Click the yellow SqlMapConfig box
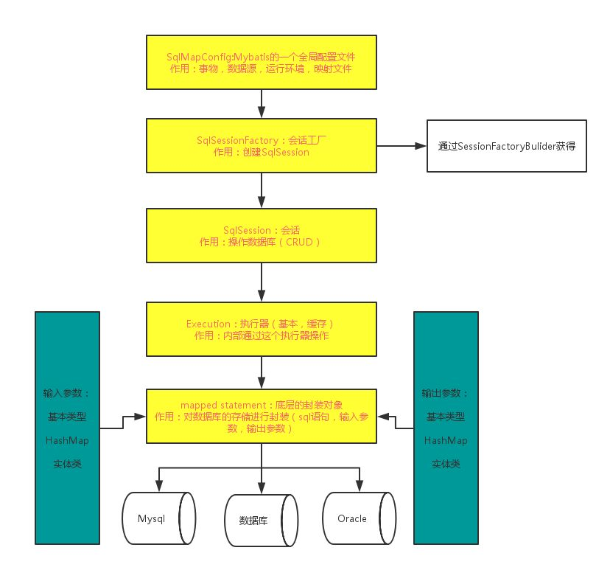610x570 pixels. [262, 62]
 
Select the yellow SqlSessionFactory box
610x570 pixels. [262, 146]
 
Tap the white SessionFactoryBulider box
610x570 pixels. [506, 146]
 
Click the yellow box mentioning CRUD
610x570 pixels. [262, 235]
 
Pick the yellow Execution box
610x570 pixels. [262, 329]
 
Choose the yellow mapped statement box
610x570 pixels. [262, 416]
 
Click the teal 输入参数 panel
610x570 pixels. [68, 428]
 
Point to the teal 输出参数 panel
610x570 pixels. [446, 428]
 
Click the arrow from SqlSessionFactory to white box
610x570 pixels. [402, 146]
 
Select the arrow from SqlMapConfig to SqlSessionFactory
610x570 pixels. [262, 101]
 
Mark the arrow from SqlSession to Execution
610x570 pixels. [262, 282]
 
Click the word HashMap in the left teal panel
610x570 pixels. [68, 440]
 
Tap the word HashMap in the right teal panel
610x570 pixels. [446, 440]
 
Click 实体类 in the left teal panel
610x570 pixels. [68, 464]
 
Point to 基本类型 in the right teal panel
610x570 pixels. [446, 417]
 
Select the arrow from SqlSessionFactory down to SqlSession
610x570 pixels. [262, 190]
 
